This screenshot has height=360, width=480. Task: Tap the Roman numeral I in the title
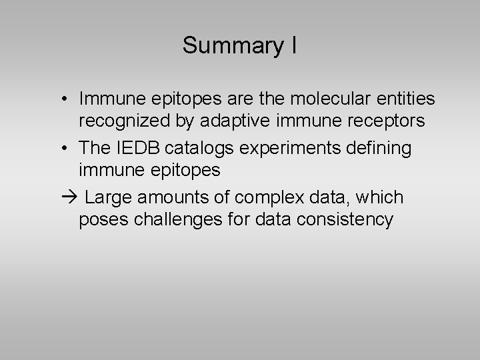click(x=293, y=45)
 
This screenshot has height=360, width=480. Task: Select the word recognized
click(x=117, y=123)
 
